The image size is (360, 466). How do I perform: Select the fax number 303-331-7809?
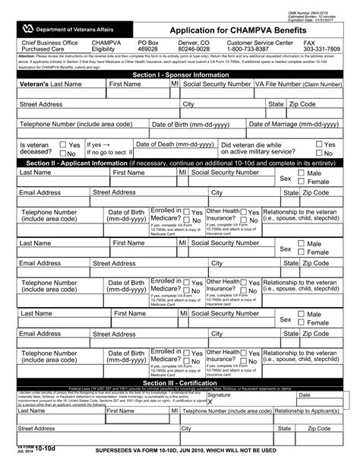pos(323,49)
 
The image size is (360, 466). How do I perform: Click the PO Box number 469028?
pos(150,49)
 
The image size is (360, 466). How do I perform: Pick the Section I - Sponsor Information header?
pos(179,76)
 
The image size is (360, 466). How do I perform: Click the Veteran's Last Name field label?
pos(50,85)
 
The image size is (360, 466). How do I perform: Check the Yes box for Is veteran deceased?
pos(64,144)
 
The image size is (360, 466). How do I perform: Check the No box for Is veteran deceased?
pos(64,153)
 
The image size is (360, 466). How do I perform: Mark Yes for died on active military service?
pos(319,144)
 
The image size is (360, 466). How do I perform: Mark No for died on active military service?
pos(319,153)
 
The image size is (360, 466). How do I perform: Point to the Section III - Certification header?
pos(179,382)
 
